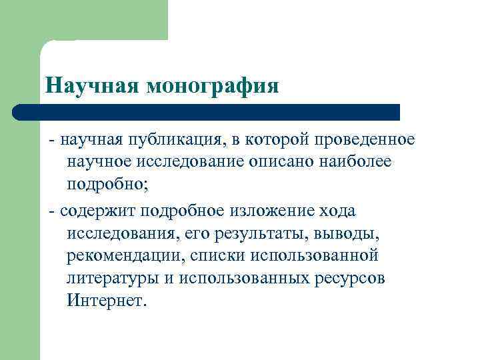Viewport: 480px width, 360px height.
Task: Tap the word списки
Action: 214,255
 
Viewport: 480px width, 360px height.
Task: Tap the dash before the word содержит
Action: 51,211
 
